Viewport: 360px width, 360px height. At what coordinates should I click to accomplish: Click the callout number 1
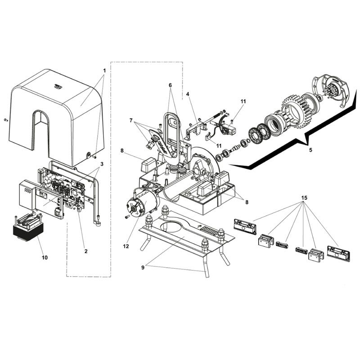104,71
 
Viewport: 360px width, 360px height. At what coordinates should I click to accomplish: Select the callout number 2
86,251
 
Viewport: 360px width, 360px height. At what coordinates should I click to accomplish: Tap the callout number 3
102,164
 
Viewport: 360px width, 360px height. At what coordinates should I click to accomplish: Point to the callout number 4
188,94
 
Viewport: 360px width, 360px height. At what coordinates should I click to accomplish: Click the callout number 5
310,150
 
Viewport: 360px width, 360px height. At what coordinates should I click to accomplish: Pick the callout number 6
170,85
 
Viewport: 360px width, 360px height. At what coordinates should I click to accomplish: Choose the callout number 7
131,120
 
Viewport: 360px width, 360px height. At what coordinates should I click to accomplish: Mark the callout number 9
143,268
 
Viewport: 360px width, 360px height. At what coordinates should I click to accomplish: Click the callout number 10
45,257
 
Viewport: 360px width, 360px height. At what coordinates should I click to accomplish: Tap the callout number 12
126,246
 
